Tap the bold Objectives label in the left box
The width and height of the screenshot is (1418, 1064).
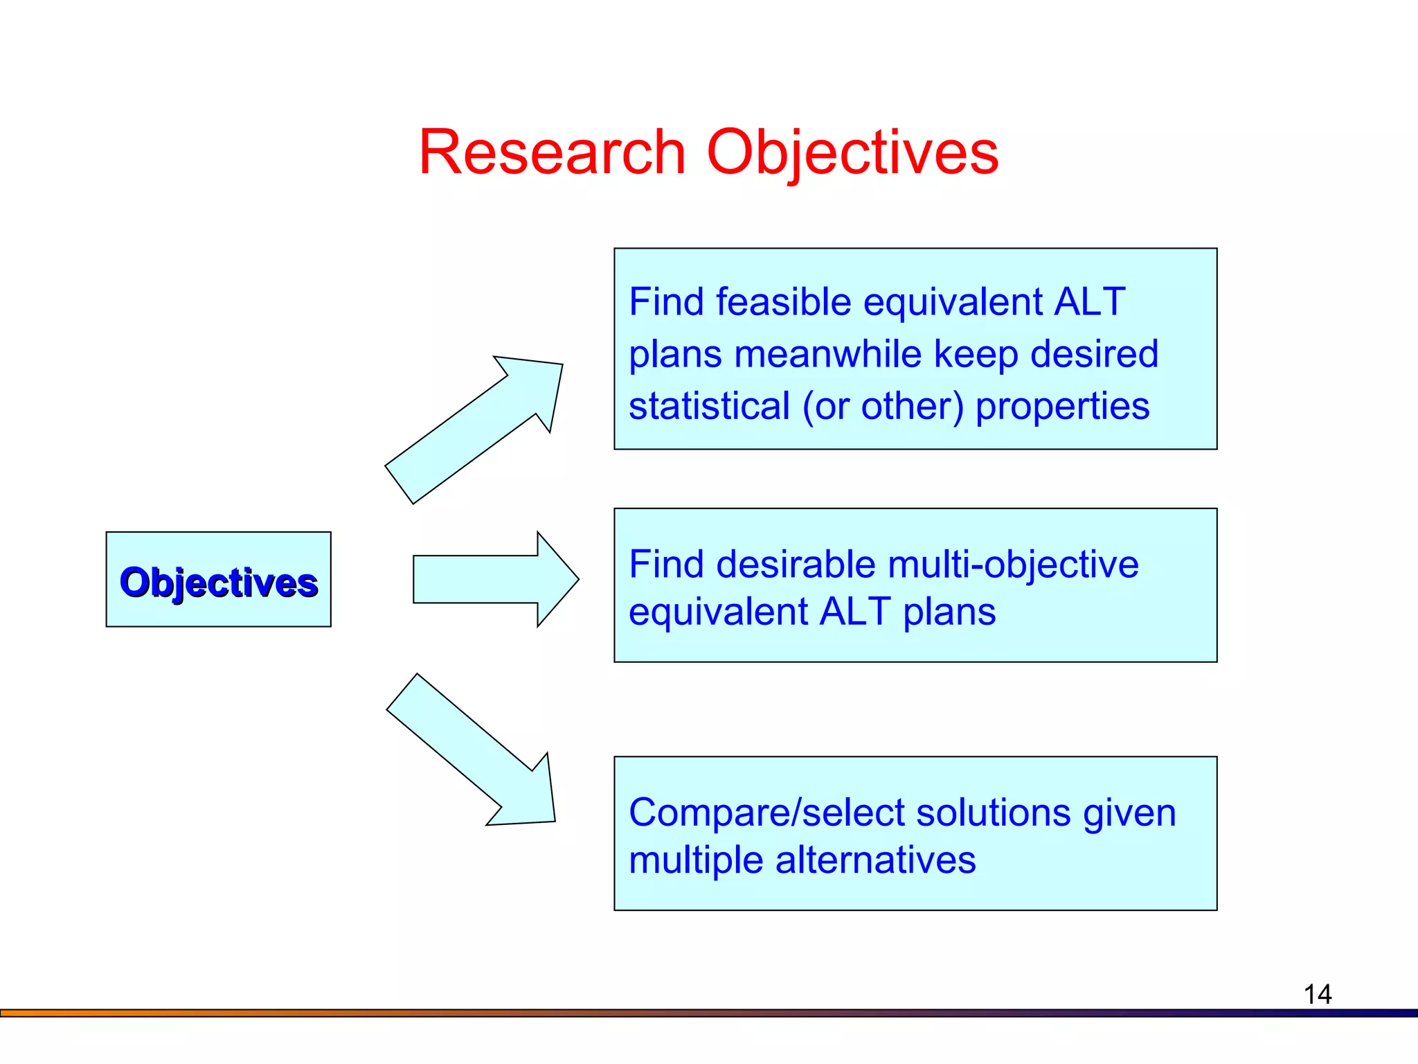pos(219,582)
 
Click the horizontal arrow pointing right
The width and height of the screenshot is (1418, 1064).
pos(495,579)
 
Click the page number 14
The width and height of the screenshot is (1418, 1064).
pos(1317,995)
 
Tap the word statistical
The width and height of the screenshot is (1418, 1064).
pos(709,406)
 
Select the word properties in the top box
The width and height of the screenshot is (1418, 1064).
pos(1062,406)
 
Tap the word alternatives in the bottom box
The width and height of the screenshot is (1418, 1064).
pos(875,860)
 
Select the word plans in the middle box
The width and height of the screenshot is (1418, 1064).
pos(949,612)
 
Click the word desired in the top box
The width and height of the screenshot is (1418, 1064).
pos(1094,354)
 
